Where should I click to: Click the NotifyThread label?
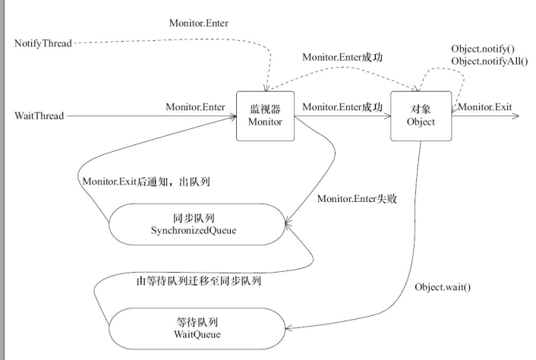coord(43,43)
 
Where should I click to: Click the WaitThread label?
coord(39,115)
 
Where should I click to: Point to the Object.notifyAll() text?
coord(487,60)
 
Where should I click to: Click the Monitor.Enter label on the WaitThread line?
coord(195,107)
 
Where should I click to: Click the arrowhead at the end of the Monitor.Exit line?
coord(516,116)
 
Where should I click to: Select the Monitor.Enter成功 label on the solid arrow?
coord(342,107)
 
